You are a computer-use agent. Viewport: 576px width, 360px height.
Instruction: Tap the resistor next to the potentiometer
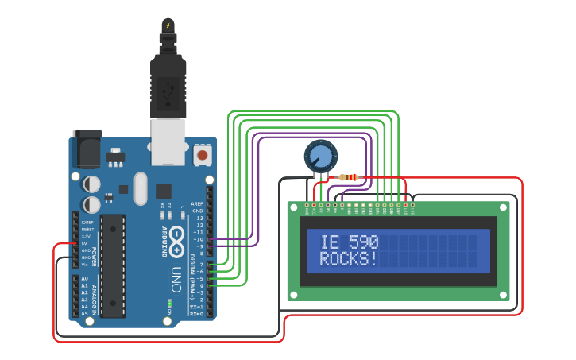(x=348, y=177)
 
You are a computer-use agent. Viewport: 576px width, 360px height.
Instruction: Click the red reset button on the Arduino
(x=203, y=155)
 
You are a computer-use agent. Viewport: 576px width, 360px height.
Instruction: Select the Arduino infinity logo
(x=176, y=238)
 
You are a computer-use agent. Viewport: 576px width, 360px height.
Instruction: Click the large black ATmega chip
(x=113, y=265)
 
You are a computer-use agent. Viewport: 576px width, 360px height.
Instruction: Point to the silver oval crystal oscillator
(x=141, y=188)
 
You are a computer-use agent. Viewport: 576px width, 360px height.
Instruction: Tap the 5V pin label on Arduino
(x=87, y=244)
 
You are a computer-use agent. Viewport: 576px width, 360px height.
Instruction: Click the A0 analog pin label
(x=85, y=279)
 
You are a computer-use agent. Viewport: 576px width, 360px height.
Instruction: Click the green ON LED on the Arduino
(x=169, y=304)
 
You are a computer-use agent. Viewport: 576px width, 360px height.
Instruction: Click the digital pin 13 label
(x=199, y=218)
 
